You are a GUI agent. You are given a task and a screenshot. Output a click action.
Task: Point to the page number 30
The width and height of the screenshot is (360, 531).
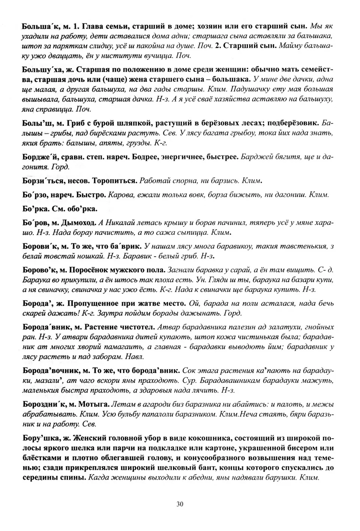(x=180, y=504)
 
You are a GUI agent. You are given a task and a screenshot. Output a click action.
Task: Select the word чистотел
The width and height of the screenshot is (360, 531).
(x=136, y=327)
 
